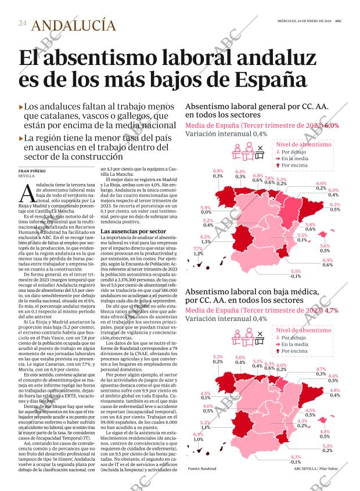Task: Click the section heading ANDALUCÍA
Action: (73, 25)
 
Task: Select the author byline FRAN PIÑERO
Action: (33, 171)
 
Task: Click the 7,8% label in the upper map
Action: (269, 178)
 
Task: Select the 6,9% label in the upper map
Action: (327, 260)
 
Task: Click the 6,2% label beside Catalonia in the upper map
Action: (335, 205)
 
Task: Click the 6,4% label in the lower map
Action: (198, 434)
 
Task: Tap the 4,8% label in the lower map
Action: (334, 391)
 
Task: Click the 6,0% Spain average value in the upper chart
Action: (332, 125)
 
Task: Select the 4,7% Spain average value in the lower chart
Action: (332, 311)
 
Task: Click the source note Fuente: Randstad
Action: (202, 468)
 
